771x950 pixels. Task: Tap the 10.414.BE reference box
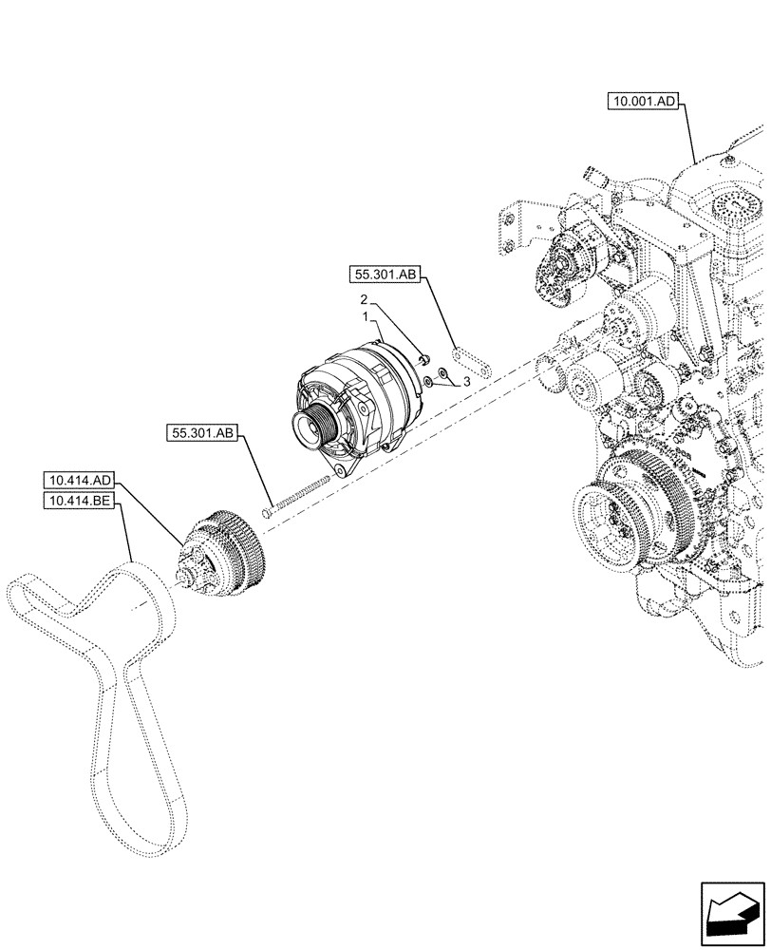point(80,500)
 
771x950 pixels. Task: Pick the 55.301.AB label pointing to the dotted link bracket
point(385,275)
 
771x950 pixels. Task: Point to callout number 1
point(364,314)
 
